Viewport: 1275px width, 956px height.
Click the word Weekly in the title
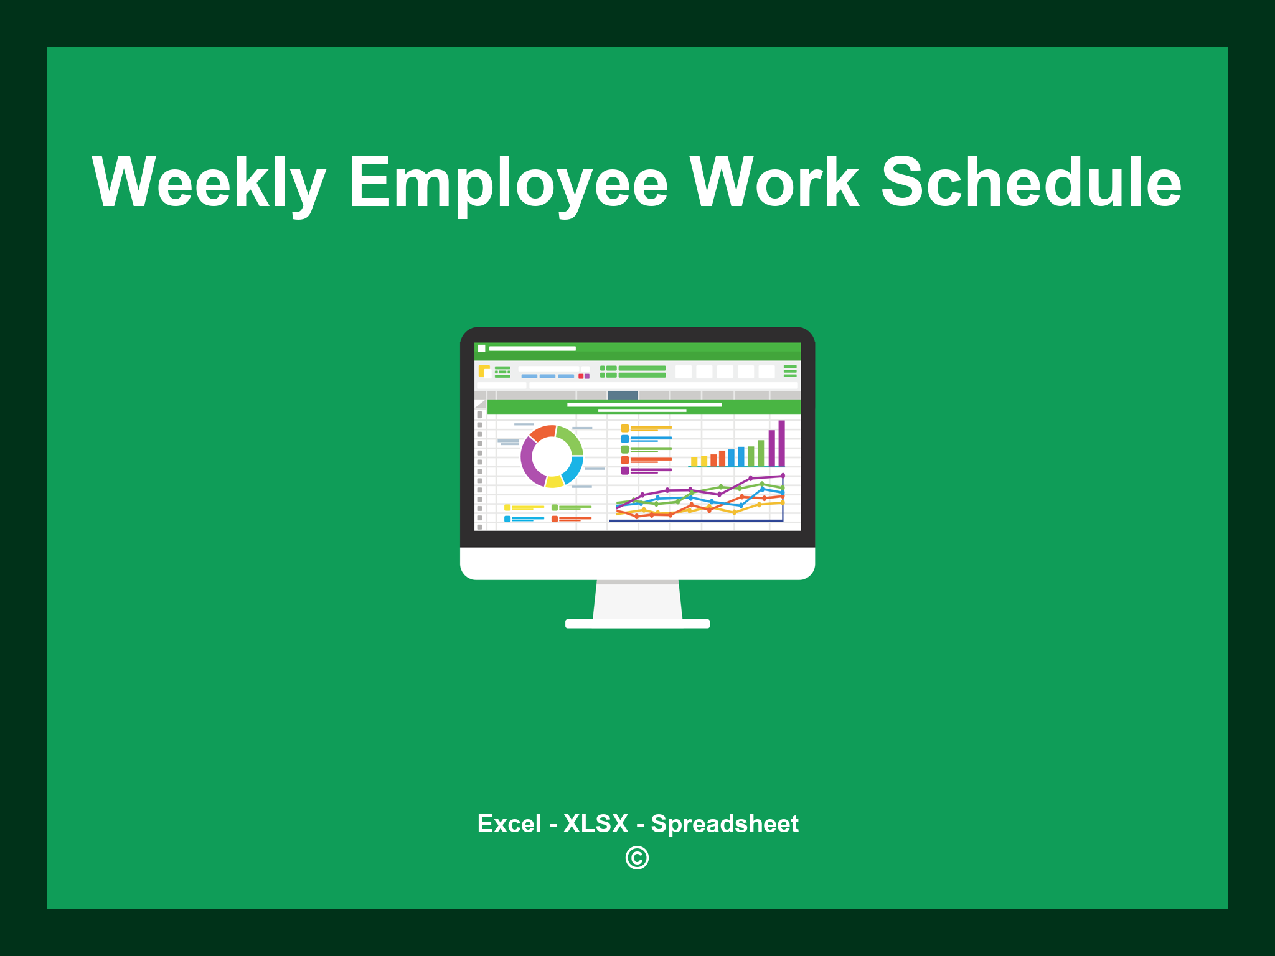(209, 182)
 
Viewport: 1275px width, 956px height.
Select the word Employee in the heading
(508, 182)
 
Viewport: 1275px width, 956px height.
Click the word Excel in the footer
(509, 823)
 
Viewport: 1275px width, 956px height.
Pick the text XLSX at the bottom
(596, 823)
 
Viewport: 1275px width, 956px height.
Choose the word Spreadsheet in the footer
(724, 823)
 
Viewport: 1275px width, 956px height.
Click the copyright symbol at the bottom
(637, 858)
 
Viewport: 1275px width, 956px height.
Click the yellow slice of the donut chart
(554, 481)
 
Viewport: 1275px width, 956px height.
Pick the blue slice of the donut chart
(574, 470)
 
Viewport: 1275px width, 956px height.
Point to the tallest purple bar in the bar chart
(781, 443)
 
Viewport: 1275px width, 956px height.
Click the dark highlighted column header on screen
(623, 395)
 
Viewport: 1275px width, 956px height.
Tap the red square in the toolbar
(581, 376)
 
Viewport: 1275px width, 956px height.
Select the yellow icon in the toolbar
(484, 371)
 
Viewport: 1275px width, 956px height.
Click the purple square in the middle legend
(624, 471)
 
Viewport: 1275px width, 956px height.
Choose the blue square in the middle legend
(624, 439)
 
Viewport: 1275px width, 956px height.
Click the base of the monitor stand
(637, 624)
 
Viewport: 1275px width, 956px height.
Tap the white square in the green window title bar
(481, 349)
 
